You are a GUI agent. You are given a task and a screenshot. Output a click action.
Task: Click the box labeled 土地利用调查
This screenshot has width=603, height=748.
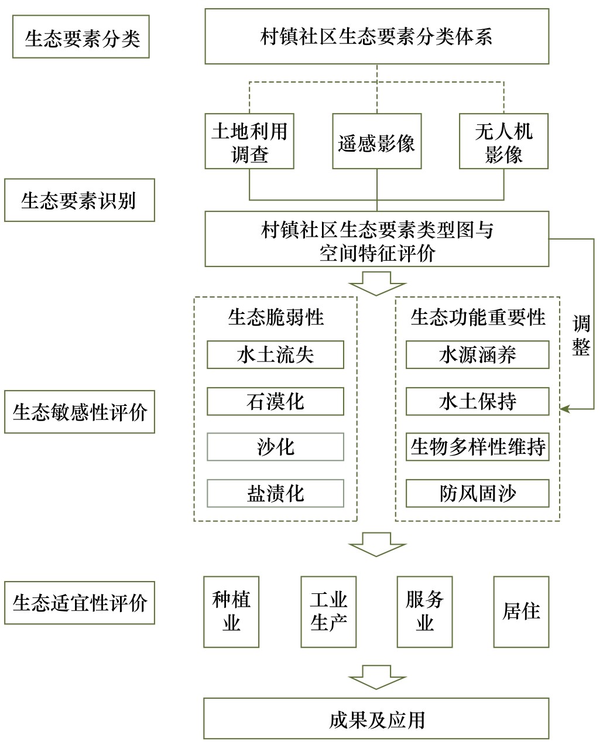tap(249, 141)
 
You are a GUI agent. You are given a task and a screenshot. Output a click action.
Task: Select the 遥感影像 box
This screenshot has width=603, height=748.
tap(376, 141)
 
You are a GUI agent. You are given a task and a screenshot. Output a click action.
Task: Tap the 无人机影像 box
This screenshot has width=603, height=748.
tap(503, 141)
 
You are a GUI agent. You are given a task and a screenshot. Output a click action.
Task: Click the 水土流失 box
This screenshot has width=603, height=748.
tap(275, 355)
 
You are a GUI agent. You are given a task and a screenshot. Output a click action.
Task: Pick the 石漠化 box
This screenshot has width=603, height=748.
tap(275, 401)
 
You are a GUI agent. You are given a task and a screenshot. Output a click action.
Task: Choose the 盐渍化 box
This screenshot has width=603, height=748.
tap(275, 493)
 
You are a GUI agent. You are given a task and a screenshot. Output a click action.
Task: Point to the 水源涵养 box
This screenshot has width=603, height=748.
tap(477, 355)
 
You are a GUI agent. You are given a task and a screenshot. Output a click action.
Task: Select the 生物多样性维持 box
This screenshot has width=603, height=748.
tap(477, 448)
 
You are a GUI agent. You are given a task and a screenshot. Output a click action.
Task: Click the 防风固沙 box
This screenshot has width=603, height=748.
tap(477, 493)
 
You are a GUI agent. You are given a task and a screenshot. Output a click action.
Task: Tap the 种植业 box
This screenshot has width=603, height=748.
tap(231, 612)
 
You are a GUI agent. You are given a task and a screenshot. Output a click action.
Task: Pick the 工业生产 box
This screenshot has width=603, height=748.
tap(328, 612)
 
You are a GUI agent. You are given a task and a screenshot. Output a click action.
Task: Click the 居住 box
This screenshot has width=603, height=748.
tap(521, 612)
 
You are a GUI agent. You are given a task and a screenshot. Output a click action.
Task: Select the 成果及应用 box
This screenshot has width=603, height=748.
tap(376, 718)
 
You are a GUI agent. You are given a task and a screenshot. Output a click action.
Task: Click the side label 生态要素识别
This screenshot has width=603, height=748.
tap(79, 200)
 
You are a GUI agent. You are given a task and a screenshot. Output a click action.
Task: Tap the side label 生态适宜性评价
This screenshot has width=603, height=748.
tap(79, 603)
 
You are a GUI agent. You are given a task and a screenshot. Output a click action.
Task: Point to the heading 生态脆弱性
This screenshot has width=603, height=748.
tap(275, 317)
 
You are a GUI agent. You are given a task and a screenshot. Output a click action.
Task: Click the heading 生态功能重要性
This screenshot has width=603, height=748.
tap(477, 317)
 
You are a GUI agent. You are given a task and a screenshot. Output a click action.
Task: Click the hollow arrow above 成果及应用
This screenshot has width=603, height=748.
tap(376, 677)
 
